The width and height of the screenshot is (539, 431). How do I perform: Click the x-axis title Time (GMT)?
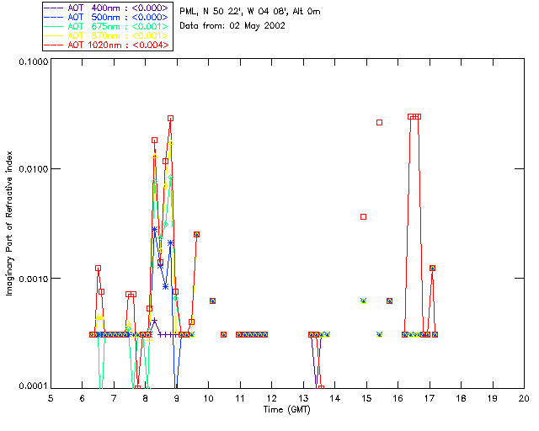click(x=286, y=409)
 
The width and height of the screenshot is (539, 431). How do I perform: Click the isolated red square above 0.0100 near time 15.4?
click(x=379, y=122)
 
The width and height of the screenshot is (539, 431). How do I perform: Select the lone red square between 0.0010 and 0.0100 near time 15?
click(x=364, y=216)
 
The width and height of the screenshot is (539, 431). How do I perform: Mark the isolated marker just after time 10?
click(x=212, y=301)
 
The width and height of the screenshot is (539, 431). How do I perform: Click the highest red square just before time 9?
click(x=170, y=119)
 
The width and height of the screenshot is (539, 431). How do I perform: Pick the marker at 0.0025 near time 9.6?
click(x=196, y=234)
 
